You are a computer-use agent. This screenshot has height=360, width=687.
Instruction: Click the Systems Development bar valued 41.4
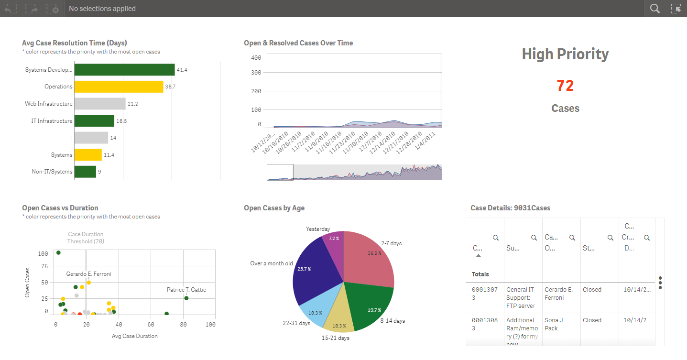124,70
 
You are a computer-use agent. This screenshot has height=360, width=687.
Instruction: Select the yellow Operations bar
119,87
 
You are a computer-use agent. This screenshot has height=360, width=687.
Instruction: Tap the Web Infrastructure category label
49,104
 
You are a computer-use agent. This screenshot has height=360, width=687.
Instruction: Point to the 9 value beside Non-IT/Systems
99,172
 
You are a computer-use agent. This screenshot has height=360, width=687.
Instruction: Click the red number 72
565,86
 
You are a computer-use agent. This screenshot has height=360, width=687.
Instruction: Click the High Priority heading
565,54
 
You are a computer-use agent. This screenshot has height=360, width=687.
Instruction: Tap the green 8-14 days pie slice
371,306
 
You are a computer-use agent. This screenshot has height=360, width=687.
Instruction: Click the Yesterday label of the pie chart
318,229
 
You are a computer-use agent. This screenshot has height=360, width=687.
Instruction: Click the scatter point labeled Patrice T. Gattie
186,298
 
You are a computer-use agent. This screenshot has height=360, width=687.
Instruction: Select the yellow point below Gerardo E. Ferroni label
88,283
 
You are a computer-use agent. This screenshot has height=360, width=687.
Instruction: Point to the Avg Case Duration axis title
134,336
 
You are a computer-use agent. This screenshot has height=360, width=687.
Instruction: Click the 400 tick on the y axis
256,58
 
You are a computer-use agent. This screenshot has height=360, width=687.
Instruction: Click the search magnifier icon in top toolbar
654,9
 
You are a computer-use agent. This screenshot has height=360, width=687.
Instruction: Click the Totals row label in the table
480,274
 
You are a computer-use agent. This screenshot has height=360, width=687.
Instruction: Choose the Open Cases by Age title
274,208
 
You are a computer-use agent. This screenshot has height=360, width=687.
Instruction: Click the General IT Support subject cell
520,297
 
